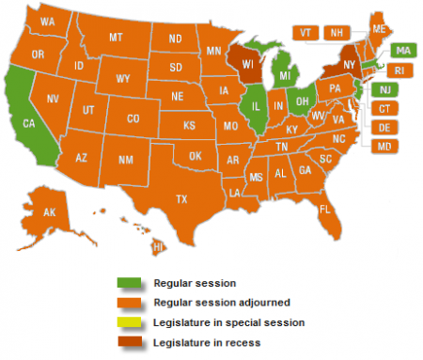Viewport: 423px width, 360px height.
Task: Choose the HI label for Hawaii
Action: click(x=159, y=245)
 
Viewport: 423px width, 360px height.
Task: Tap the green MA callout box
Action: click(x=402, y=50)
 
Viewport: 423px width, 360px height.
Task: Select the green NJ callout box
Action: click(x=384, y=89)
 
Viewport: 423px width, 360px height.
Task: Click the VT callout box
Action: click(x=305, y=32)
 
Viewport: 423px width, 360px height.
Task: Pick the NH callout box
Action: click(x=335, y=32)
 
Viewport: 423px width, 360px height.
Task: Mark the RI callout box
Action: click(x=400, y=70)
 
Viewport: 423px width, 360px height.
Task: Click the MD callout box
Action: click(x=384, y=147)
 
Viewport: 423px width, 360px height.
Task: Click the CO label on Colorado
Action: click(x=133, y=119)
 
